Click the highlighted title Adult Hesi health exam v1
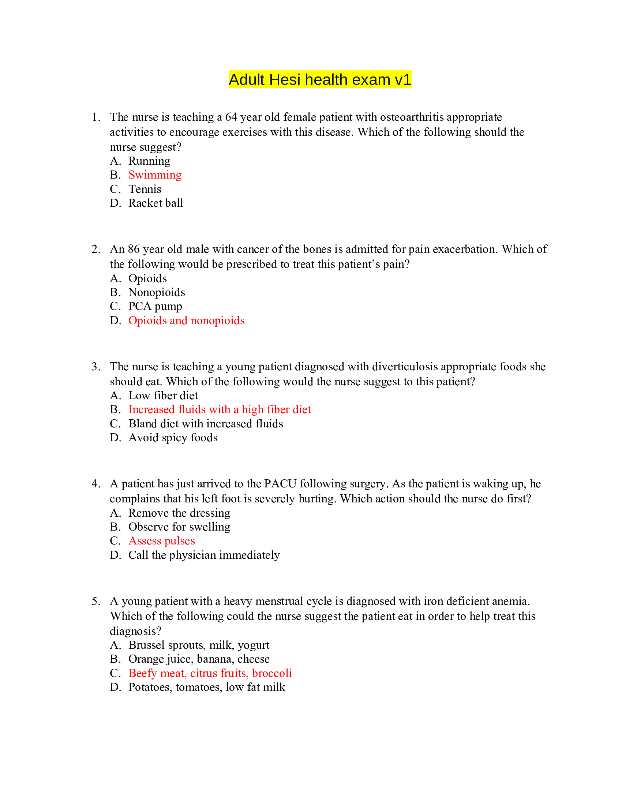pyautogui.click(x=319, y=80)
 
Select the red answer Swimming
pyautogui.click(x=155, y=175)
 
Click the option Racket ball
pyautogui.click(x=155, y=203)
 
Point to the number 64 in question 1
pyautogui.click(x=231, y=117)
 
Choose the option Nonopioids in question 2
pyautogui.click(x=157, y=292)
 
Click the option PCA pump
pyautogui.click(x=155, y=306)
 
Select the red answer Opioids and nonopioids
pyautogui.click(x=187, y=320)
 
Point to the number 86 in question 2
pyautogui.click(x=134, y=249)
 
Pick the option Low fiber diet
pyautogui.click(x=163, y=396)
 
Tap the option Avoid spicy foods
pyautogui.click(x=173, y=438)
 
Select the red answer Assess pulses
pyautogui.click(x=161, y=541)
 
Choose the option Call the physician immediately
pyautogui.click(x=204, y=555)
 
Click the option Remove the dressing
pyautogui.click(x=179, y=513)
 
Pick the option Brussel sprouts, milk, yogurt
pyautogui.click(x=199, y=645)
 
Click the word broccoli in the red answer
pyautogui.click(x=271, y=673)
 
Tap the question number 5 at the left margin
pyautogui.click(x=95, y=601)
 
